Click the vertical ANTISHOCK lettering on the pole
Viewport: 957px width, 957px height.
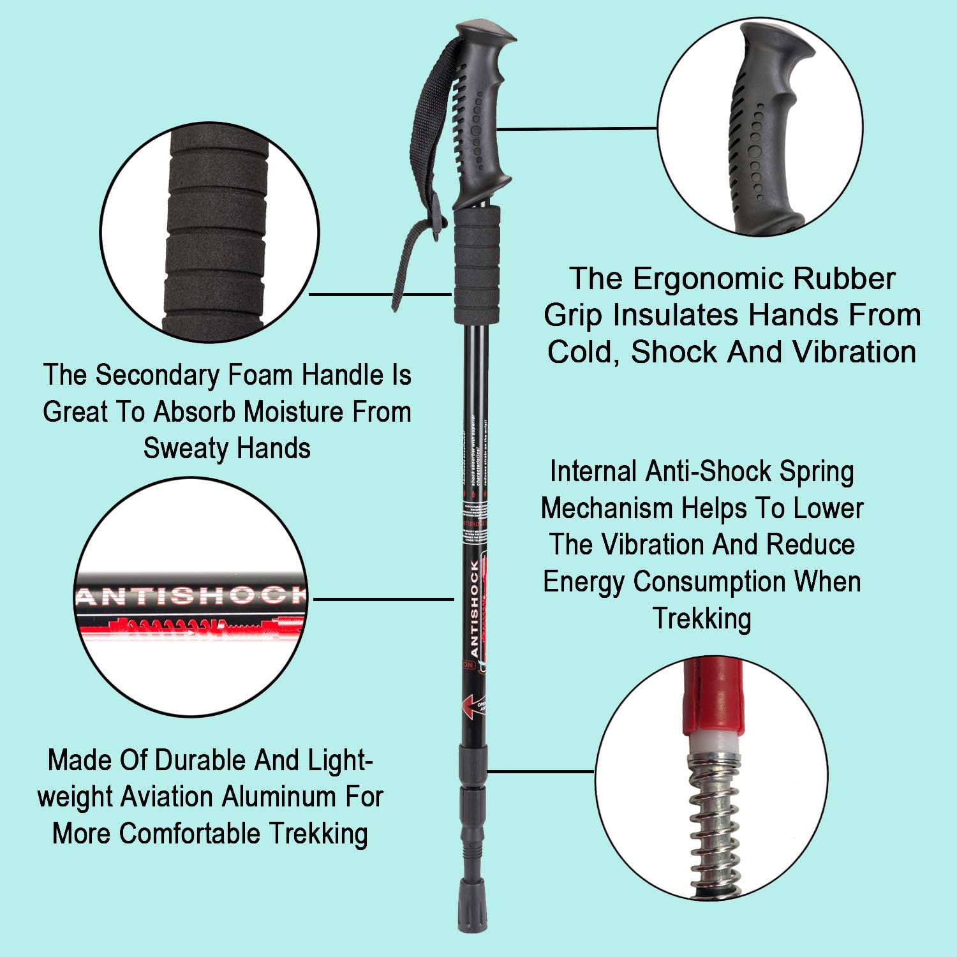coord(475,609)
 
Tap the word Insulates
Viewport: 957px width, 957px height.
coord(676,315)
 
